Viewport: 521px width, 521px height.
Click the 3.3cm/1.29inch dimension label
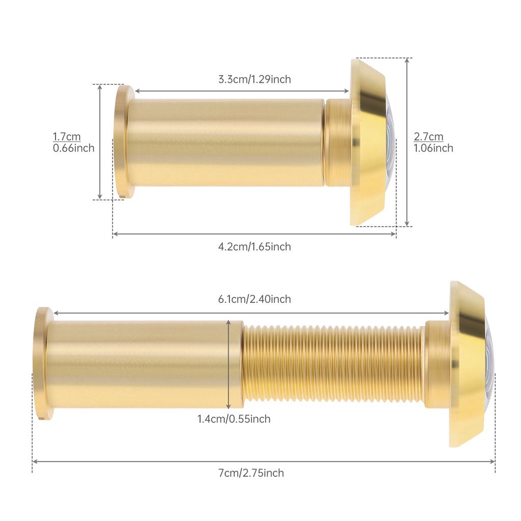(x=254, y=79)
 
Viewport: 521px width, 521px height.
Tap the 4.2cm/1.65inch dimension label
(x=254, y=247)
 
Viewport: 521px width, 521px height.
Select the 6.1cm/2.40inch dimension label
(x=254, y=299)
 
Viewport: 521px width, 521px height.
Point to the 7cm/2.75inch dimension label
(x=251, y=473)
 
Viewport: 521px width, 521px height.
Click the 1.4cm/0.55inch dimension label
(x=234, y=419)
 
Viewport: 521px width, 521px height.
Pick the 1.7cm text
(x=67, y=136)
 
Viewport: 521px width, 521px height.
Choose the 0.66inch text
(x=74, y=148)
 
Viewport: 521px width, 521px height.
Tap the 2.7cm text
(x=428, y=136)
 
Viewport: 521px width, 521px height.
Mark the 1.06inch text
(x=433, y=148)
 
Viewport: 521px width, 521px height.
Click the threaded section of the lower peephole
(x=333, y=364)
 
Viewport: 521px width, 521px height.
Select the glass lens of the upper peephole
(x=390, y=142)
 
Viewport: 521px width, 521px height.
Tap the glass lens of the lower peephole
(x=489, y=364)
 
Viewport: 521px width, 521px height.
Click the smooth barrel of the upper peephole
(x=224, y=142)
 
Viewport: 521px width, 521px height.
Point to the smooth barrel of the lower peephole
(x=137, y=364)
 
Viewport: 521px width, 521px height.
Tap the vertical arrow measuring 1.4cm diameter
(x=229, y=364)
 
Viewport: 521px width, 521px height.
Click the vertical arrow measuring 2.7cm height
(x=407, y=142)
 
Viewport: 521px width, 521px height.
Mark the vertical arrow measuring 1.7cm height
(x=100, y=142)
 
